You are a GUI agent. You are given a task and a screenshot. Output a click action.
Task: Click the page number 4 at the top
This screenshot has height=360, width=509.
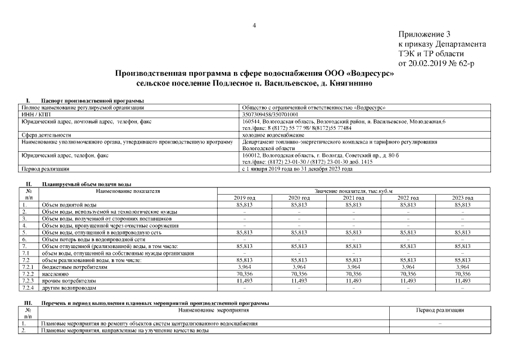(x=254, y=25)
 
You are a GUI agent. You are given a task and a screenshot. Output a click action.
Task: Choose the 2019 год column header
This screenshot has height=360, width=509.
(x=244, y=197)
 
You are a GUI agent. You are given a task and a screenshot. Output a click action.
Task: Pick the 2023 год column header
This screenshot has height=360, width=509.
(x=462, y=197)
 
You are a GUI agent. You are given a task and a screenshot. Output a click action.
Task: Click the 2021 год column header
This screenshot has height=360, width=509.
(x=353, y=197)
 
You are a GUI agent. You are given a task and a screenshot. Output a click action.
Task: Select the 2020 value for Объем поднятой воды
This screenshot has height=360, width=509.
(x=299, y=204)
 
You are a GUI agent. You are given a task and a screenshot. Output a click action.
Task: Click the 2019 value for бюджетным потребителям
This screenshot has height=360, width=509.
(x=244, y=267)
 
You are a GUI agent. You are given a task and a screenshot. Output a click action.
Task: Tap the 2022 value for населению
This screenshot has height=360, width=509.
(x=408, y=273)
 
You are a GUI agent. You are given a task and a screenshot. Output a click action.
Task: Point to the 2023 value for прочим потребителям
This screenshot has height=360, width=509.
(x=462, y=280)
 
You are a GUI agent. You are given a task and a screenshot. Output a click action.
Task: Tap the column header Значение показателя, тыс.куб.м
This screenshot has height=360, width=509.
(x=353, y=191)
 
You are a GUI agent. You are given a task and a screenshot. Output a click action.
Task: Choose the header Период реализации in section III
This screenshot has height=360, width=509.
(x=439, y=310)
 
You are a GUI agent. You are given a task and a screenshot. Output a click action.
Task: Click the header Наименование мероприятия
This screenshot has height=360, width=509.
(x=213, y=310)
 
